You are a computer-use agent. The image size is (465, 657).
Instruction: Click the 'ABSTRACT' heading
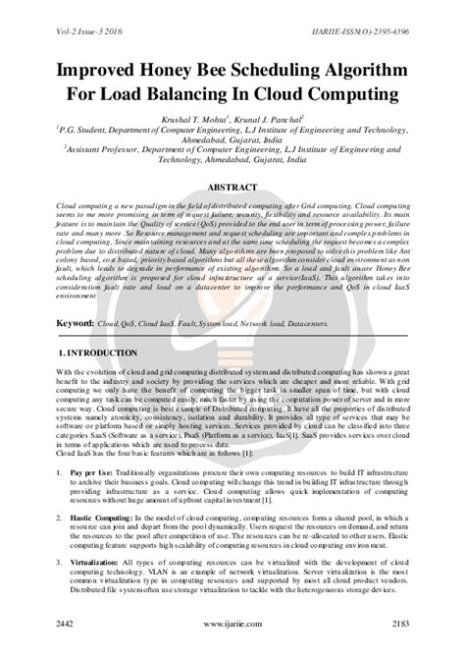point(232,186)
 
